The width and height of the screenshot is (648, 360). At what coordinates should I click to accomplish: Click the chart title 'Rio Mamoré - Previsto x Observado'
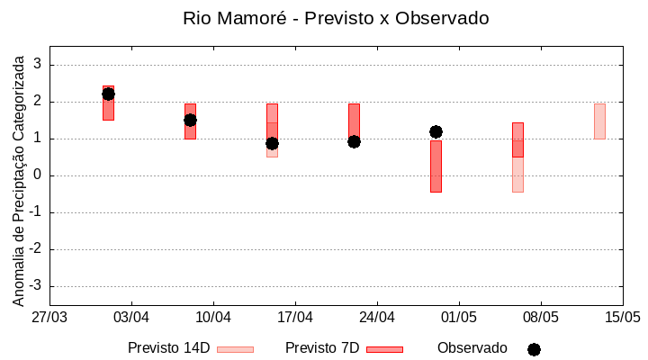(336, 18)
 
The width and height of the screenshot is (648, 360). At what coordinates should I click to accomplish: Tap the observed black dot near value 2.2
(108, 94)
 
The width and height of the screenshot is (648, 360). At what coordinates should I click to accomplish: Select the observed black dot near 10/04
(190, 120)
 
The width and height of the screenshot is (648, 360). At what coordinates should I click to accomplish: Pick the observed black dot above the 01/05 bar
(436, 131)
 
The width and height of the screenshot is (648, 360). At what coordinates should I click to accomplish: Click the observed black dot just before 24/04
(354, 141)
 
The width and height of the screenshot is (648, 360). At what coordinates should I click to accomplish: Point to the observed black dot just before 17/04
(272, 143)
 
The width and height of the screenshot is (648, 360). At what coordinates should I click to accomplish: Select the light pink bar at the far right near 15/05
(599, 121)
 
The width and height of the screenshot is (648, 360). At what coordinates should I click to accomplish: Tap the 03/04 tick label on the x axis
(131, 317)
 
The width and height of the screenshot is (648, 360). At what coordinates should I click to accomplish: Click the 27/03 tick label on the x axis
(49, 317)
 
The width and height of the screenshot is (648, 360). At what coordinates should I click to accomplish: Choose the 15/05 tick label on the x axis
(622, 317)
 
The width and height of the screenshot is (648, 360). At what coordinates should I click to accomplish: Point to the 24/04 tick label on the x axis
(377, 317)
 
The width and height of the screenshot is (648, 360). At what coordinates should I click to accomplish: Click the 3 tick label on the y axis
(38, 65)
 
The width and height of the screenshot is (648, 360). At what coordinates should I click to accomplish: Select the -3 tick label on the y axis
(35, 286)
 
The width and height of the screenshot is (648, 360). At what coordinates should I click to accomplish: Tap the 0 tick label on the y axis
(38, 175)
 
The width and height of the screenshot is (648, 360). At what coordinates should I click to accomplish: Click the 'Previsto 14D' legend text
(168, 348)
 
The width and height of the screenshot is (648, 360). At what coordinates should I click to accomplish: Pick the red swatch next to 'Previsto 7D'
(384, 349)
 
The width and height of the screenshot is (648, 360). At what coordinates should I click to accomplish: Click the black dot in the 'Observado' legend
(534, 349)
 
